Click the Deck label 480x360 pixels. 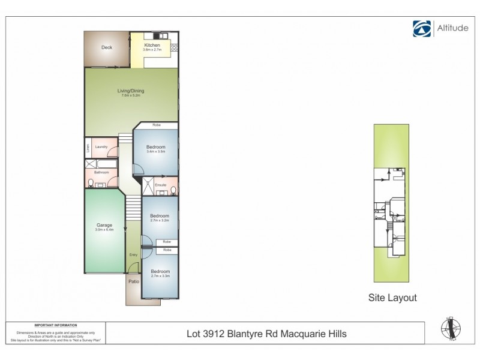107,47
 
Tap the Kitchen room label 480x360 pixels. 151,45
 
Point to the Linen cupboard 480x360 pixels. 88,148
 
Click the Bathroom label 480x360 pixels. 100,172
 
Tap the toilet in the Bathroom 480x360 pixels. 90,182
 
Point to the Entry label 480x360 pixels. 133,254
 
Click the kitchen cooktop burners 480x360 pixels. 175,47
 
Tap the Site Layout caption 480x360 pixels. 392,297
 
